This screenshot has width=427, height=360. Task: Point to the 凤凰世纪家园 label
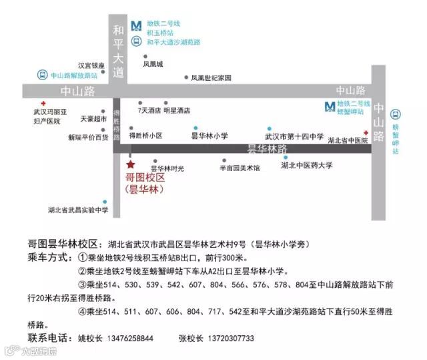pos(211,77)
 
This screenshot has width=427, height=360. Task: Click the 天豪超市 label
pos(93,119)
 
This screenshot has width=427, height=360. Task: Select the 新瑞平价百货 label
pos(88,137)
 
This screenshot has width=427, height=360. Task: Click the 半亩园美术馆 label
pos(240,168)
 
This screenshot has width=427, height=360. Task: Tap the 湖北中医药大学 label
pos(307,165)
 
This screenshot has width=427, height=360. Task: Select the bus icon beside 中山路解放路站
pos(42,75)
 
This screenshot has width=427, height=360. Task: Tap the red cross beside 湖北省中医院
pos(365,132)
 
